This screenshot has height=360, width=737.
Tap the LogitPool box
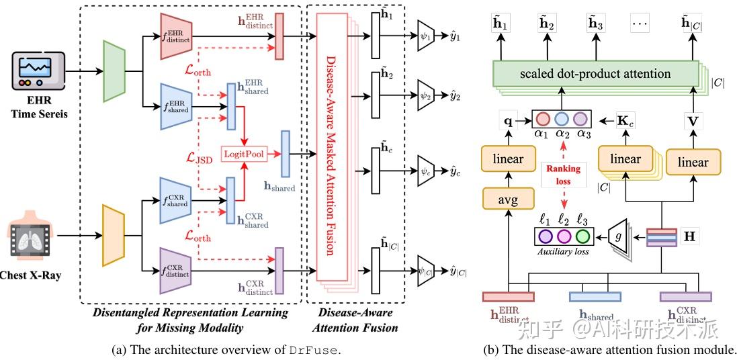pyautogui.click(x=243, y=153)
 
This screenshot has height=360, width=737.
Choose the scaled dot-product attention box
pyautogui.click(x=595, y=73)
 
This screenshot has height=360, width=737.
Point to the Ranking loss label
pyautogui.click(x=562, y=174)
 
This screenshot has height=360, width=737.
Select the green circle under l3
pyautogui.click(x=582, y=236)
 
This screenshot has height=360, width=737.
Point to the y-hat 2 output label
pyautogui.click(x=456, y=96)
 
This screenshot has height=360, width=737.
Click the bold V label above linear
pyautogui.click(x=693, y=122)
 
